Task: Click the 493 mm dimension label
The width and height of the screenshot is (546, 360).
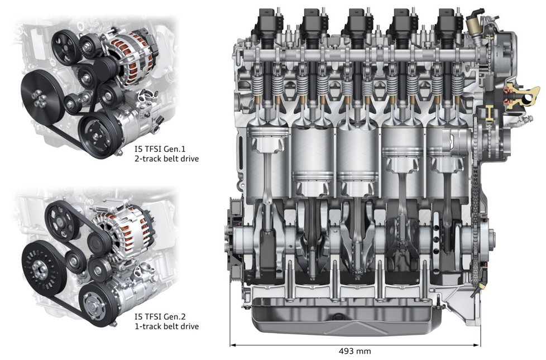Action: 355,351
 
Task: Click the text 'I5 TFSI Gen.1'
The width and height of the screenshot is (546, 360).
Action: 160,149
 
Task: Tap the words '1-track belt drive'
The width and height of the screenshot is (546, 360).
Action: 166,327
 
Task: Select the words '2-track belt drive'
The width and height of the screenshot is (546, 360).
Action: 166,159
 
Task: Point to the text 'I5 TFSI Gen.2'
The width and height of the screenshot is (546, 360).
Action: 160,317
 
